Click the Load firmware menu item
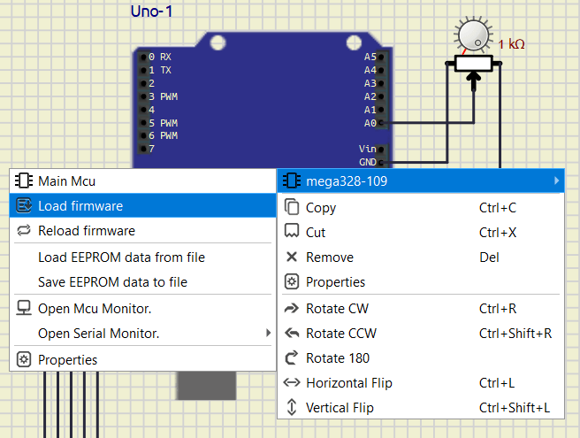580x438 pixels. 80,206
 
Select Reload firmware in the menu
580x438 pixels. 87,231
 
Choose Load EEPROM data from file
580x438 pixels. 121,257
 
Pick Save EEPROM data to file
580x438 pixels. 112,282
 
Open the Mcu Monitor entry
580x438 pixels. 95,309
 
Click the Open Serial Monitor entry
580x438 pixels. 99,334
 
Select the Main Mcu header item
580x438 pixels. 66,181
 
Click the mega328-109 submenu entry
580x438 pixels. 347,181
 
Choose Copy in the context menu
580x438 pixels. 321,208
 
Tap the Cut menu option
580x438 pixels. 316,233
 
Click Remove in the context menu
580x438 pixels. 329,257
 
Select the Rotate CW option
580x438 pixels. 338,309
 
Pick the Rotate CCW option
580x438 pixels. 342,334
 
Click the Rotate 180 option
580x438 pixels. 338,358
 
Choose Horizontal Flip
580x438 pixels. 348,383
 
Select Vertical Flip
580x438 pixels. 340,408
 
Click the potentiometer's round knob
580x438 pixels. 473,35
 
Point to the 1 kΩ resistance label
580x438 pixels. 512,44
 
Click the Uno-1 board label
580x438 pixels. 151,12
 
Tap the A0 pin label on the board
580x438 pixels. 370,123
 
